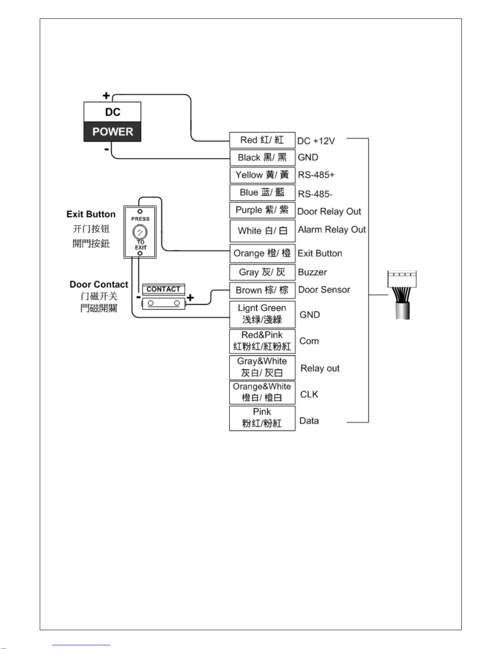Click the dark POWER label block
click(x=112, y=131)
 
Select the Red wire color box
click(x=262, y=140)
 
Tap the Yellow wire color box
click(x=262, y=175)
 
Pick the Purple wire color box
click(x=262, y=210)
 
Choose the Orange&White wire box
click(x=262, y=392)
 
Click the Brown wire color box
click(x=262, y=290)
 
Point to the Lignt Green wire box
click(x=262, y=314)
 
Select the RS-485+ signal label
click(x=316, y=175)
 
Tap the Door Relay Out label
click(x=329, y=211)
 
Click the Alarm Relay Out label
click(x=332, y=229)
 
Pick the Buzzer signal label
click(x=312, y=272)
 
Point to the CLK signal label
click(x=309, y=394)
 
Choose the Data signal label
click(x=309, y=421)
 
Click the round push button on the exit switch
click(x=140, y=232)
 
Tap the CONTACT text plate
click(x=164, y=289)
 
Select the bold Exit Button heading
click(x=91, y=214)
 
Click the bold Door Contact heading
click(x=99, y=284)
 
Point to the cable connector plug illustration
click(x=402, y=295)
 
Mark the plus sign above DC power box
click(x=106, y=95)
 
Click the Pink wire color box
click(x=262, y=418)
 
